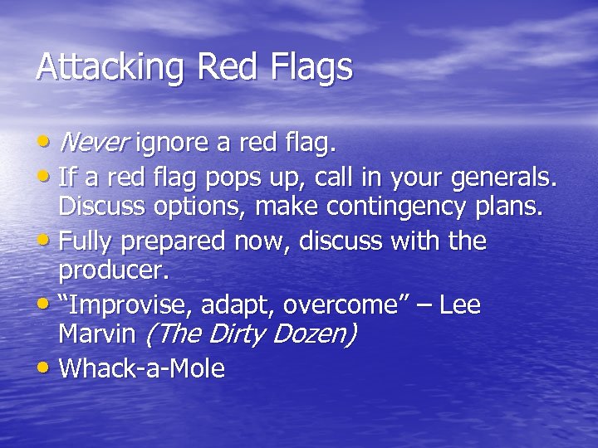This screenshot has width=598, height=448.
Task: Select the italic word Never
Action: (x=94, y=144)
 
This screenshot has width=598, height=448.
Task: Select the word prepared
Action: (x=170, y=241)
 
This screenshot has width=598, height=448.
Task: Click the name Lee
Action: (x=459, y=305)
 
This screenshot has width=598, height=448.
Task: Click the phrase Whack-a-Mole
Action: (x=142, y=368)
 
